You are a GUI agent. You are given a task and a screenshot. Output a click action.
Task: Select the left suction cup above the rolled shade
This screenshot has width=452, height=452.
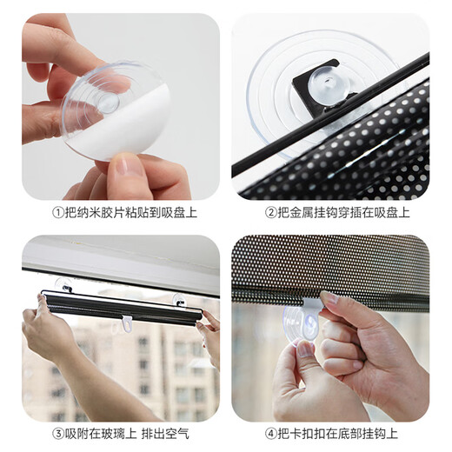tap(64, 285)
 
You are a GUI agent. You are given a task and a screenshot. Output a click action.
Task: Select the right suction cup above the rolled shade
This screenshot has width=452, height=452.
tap(180, 300)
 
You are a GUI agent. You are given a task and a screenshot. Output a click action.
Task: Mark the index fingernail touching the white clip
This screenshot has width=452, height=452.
tap(328, 298)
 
